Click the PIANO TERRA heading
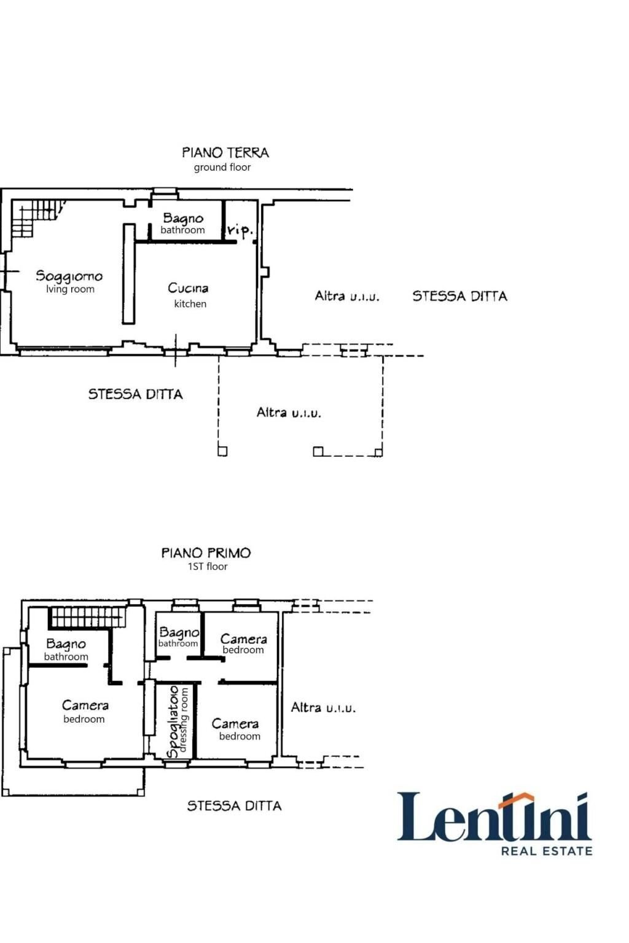(x=225, y=152)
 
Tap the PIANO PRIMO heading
(x=206, y=553)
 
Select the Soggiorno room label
(x=69, y=276)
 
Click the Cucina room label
(x=188, y=288)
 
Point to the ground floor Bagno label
(x=182, y=218)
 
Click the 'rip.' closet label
(x=239, y=230)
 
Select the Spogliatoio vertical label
(x=174, y=721)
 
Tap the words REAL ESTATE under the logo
(x=547, y=851)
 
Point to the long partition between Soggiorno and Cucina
(x=128, y=273)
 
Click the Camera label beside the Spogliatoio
(x=235, y=724)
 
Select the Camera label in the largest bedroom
(x=85, y=705)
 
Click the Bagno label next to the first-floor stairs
(x=66, y=644)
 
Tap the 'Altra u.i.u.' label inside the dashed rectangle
(x=289, y=413)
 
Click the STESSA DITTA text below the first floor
(x=234, y=805)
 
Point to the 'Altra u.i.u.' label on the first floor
(x=323, y=708)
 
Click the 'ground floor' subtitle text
(x=222, y=167)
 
